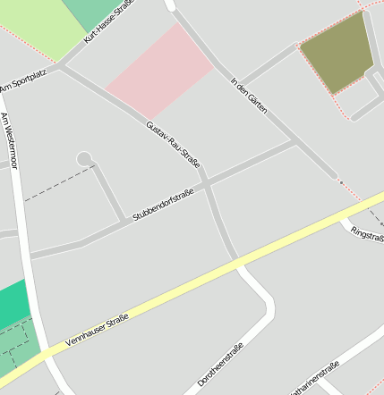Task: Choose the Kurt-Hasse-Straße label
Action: (x=108, y=22)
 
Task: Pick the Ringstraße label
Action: (x=368, y=234)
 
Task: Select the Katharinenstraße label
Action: (x=314, y=380)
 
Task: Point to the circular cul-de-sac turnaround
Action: (x=84, y=158)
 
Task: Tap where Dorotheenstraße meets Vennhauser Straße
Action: (x=238, y=262)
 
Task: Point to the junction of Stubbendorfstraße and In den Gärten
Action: (x=298, y=140)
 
